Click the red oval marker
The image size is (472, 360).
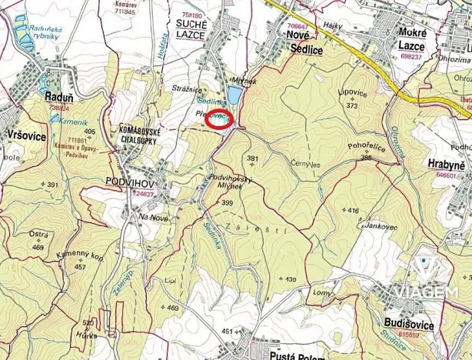point(219,120)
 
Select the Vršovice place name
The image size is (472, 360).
point(25,135)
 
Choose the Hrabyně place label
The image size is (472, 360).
point(447,165)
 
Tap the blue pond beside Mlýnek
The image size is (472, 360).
point(234,96)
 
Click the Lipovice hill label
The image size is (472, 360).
point(351,93)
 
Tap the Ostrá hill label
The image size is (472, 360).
point(38,233)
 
